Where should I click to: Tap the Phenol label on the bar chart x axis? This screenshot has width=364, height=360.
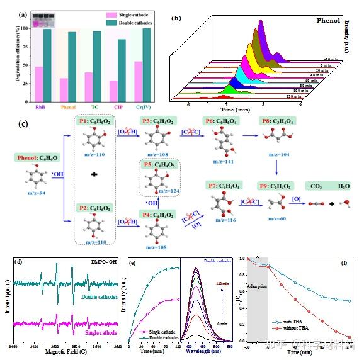pyautogui.click(x=67, y=107)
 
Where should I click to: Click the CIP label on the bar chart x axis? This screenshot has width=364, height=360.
pyautogui.click(x=116, y=107)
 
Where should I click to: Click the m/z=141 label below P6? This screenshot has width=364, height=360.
pyautogui.click(x=225, y=160)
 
